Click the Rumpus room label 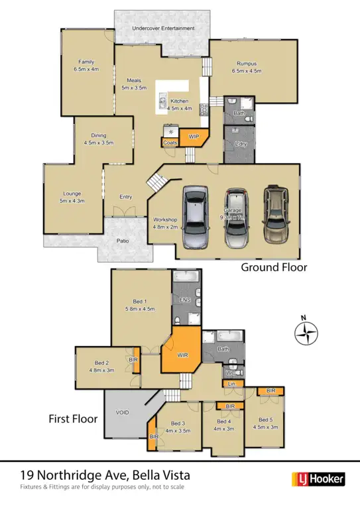coord(247,64)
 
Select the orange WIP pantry coord(194,137)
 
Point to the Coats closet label coord(170,142)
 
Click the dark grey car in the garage coord(195,217)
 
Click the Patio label coord(123,241)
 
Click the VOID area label coord(123,412)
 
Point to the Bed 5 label coord(265,420)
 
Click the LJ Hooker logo coord(318,479)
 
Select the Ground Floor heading coord(274,268)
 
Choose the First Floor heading coord(73,419)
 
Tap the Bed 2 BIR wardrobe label coord(133,359)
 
